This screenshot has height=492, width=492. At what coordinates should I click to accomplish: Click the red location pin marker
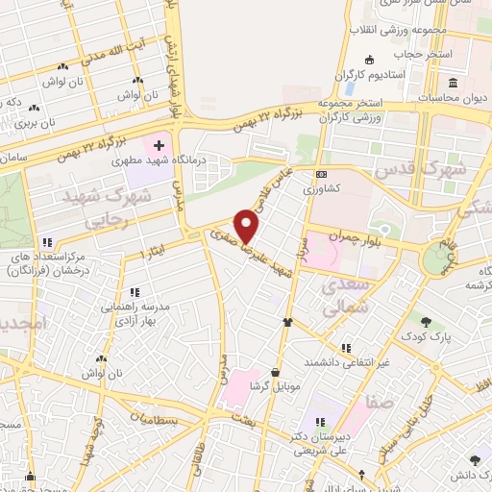pos(248,227)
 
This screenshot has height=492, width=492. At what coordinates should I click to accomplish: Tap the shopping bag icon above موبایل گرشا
pos(277,372)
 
